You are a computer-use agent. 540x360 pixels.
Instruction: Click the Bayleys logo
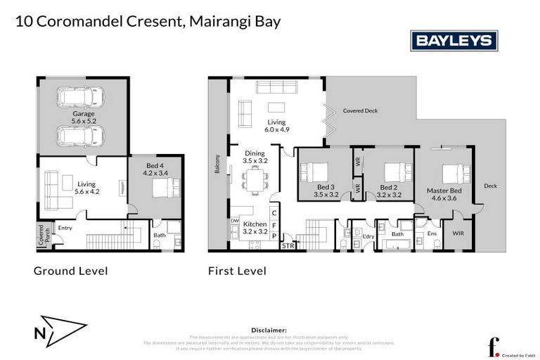click(x=454, y=41)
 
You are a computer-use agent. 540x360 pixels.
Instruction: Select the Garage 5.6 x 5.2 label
click(x=83, y=117)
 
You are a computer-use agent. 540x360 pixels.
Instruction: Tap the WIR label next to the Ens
click(x=458, y=233)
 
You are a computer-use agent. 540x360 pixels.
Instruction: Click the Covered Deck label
click(x=360, y=111)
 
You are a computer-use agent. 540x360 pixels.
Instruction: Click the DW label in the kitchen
click(x=234, y=220)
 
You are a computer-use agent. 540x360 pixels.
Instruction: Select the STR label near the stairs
click(x=288, y=245)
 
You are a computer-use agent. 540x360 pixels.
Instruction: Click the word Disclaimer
click(x=269, y=329)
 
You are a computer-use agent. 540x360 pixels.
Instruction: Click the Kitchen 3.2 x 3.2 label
click(x=254, y=227)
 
